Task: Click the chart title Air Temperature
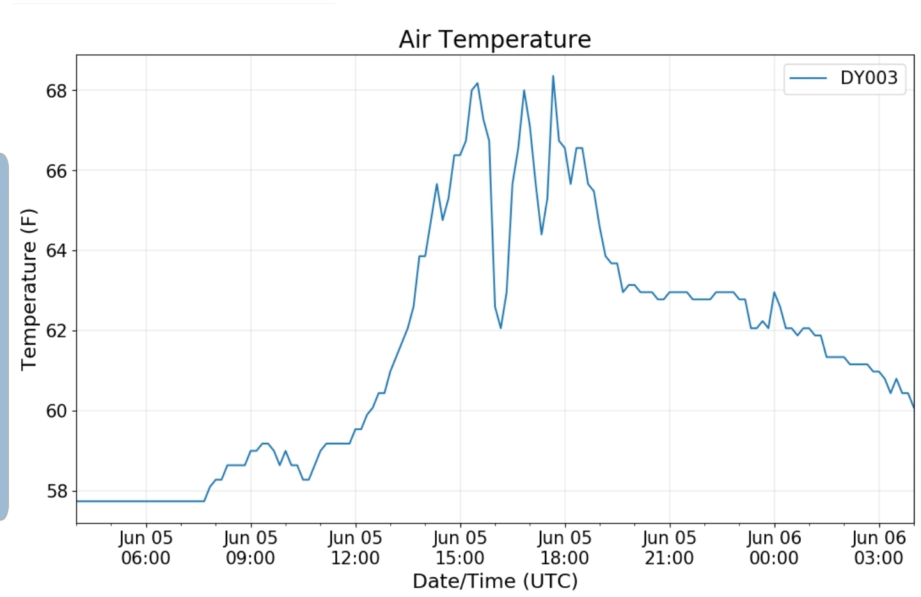494,40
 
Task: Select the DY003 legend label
869,78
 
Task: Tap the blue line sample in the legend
808,78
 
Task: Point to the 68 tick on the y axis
56,91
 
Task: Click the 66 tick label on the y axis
56,171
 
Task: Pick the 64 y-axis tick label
56,251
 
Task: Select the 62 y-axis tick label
56,331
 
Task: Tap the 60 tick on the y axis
56,411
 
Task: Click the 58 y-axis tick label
56,492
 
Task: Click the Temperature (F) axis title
29,290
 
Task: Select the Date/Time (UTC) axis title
495,581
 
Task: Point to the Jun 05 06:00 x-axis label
146,548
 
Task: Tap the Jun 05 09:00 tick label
251,548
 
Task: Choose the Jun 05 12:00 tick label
355,548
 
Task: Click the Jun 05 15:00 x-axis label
460,548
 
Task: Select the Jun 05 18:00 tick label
565,548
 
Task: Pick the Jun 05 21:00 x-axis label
669,548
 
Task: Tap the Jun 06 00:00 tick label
774,548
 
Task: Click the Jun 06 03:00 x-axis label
879,548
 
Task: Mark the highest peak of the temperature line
553,76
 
